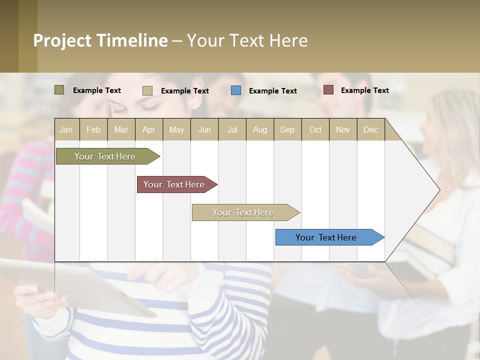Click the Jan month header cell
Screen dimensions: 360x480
pos(66,129)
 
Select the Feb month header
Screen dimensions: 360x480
pos(93,129)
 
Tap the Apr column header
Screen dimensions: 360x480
pos(149,129)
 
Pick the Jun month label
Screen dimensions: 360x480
pos(204,129)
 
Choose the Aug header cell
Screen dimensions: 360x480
pos(260,129)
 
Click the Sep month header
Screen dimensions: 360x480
pos(287,129)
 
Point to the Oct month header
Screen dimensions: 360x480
pos(315,129)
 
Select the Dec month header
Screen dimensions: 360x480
pos(371,129)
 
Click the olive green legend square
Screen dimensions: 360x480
pos(59,90)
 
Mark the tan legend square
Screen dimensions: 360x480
pos(147,90)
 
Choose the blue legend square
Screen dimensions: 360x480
pos(236,90)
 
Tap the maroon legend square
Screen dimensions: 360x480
pos(328,90)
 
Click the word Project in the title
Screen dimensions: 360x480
pos(62,40)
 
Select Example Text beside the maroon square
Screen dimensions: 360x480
pos(364,90)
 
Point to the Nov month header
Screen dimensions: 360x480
pos(343,129)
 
